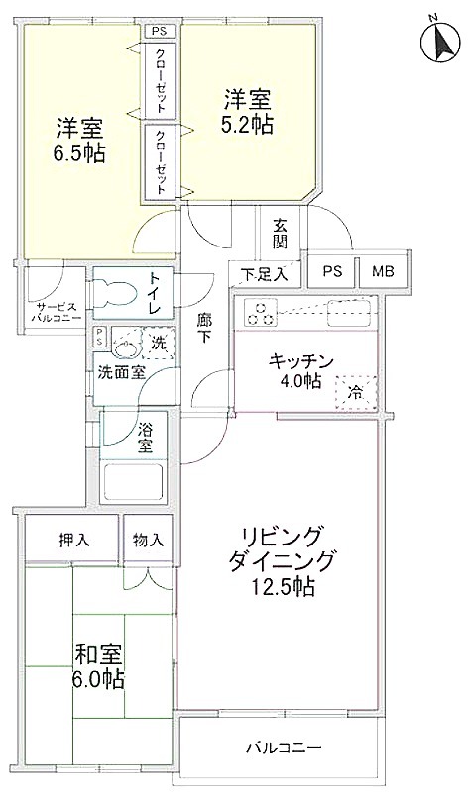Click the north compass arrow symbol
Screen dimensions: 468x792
(441, 41)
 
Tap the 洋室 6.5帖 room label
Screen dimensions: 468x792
(80, 141)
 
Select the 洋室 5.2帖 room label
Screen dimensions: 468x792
(249, 111)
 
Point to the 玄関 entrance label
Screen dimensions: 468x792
(280, 234)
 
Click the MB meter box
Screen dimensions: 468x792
(383, 271)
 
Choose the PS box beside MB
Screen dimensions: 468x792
(332, 271)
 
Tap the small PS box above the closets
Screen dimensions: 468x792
(161, 32)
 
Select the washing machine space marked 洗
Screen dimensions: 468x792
(159, 343)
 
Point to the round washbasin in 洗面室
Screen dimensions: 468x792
(124, 347)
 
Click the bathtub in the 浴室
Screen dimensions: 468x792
(133, 481)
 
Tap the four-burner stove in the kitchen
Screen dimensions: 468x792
(261, 313)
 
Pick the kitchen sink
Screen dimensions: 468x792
(350, 313)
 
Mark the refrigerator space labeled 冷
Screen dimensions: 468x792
(357, 391)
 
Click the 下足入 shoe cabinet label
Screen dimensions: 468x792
(263, 275)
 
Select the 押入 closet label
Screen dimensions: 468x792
(74, 541)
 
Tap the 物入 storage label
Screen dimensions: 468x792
(148, 541)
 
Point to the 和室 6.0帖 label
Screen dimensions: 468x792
(99, 666)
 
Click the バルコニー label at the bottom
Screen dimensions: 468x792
(284, 747)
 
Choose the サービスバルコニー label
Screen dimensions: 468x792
(57, 313)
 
